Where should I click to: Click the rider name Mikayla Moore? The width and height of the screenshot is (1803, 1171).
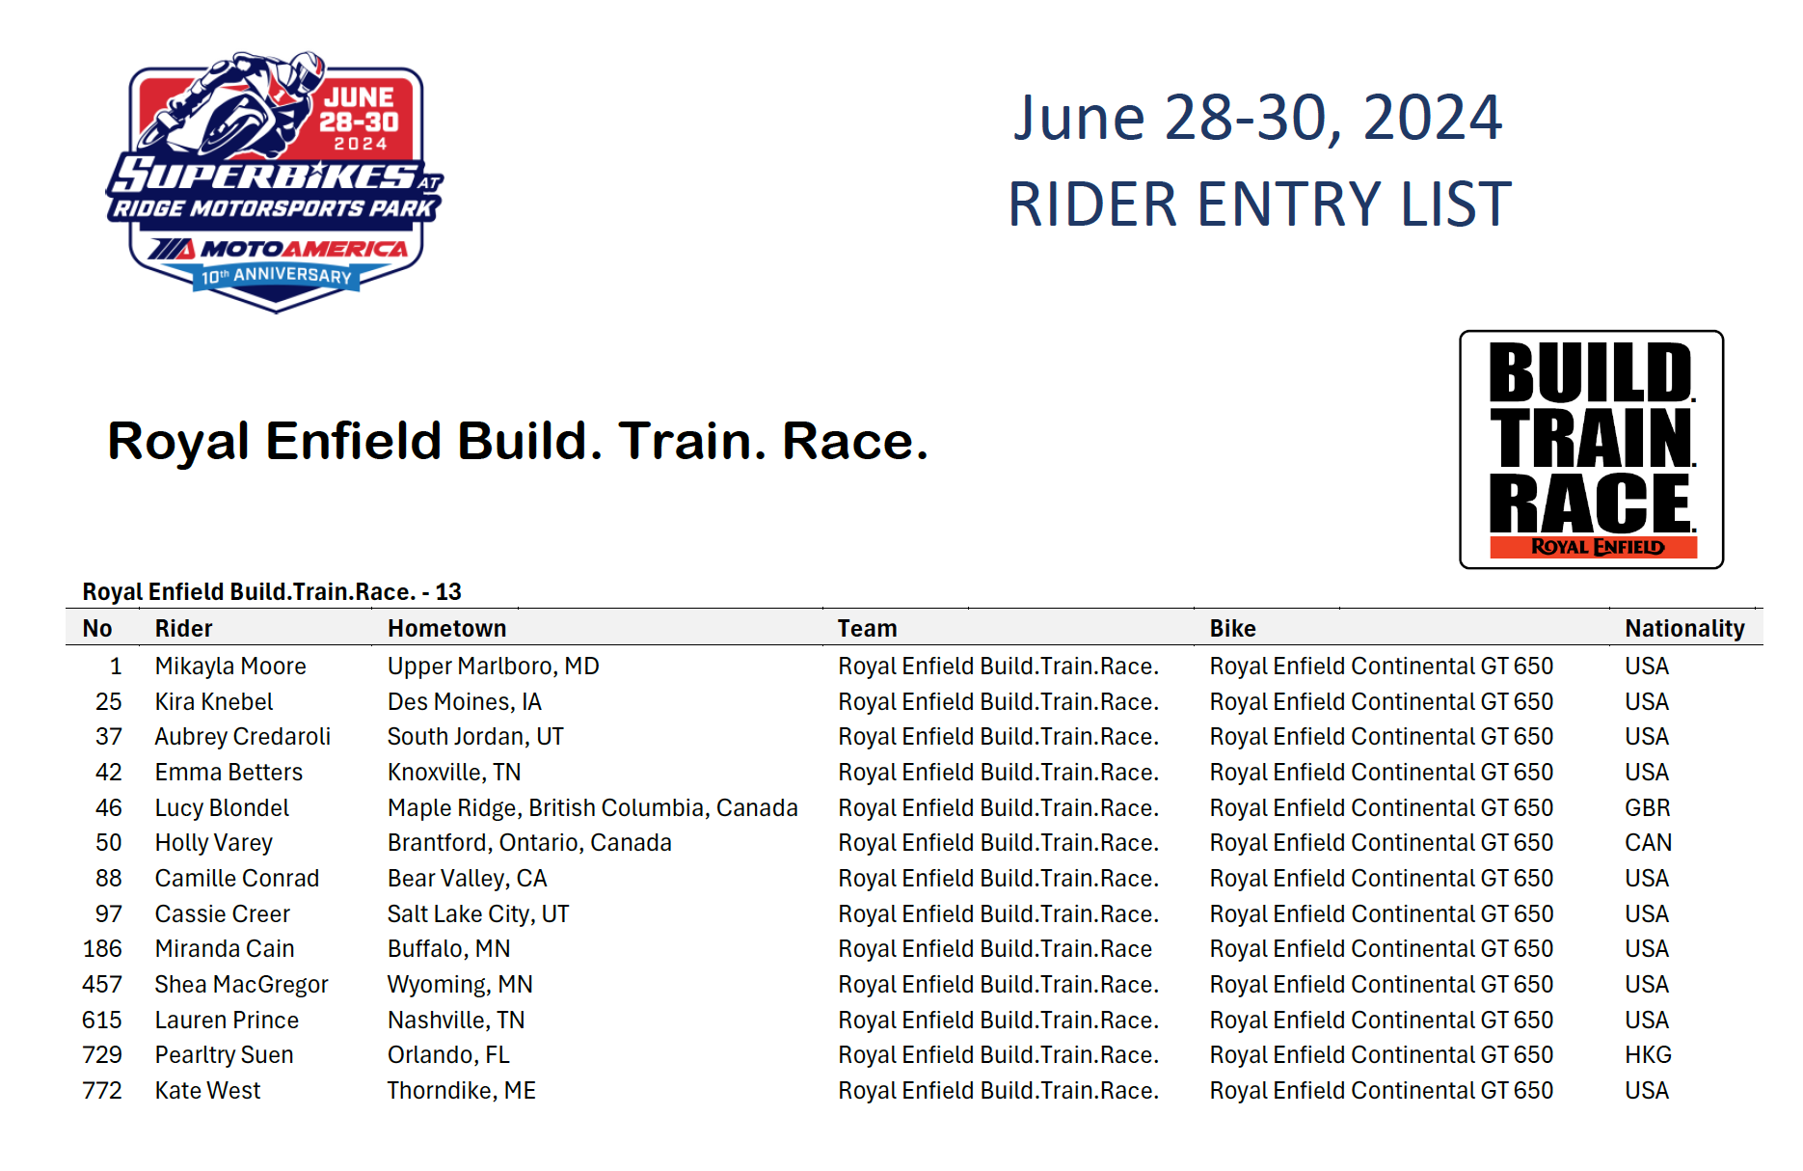click(230, 667)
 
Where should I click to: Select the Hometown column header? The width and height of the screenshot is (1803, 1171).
click(446, 629)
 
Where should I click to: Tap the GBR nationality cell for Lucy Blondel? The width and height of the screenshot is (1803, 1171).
click(1647, 808)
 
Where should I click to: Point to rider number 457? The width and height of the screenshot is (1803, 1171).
click(102, 985)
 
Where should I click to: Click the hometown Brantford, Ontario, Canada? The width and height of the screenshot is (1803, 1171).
click(529, 843)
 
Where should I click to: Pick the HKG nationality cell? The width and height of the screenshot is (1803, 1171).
click(1648, 1055)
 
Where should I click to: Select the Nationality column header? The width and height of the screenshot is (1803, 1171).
click(1684, 629)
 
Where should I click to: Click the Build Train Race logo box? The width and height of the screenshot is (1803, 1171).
click(1592, 449)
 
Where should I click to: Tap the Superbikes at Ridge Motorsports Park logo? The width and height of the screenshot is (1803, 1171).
click(276, 181)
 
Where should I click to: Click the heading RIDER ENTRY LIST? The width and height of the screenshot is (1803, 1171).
click(1259, 204)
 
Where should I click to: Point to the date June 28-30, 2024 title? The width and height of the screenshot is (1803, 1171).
click(1257, 118)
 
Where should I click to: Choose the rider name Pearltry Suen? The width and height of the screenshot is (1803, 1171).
click(224, 1055)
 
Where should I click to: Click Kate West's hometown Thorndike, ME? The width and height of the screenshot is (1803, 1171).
click(461, 1091)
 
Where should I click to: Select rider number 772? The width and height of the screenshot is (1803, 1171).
click(102, 1091)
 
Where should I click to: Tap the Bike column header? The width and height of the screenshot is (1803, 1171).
click(1232, 629)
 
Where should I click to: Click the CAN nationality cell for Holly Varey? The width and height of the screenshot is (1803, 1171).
click(1648, 843)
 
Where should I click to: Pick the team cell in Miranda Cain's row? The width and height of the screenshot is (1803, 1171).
click(995, 949)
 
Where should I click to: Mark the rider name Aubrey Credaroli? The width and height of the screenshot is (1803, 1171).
click(242, 737)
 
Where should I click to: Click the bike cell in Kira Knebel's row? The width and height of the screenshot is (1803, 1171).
click(1381, 702)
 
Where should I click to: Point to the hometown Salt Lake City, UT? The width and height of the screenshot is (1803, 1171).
click(478, 914)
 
